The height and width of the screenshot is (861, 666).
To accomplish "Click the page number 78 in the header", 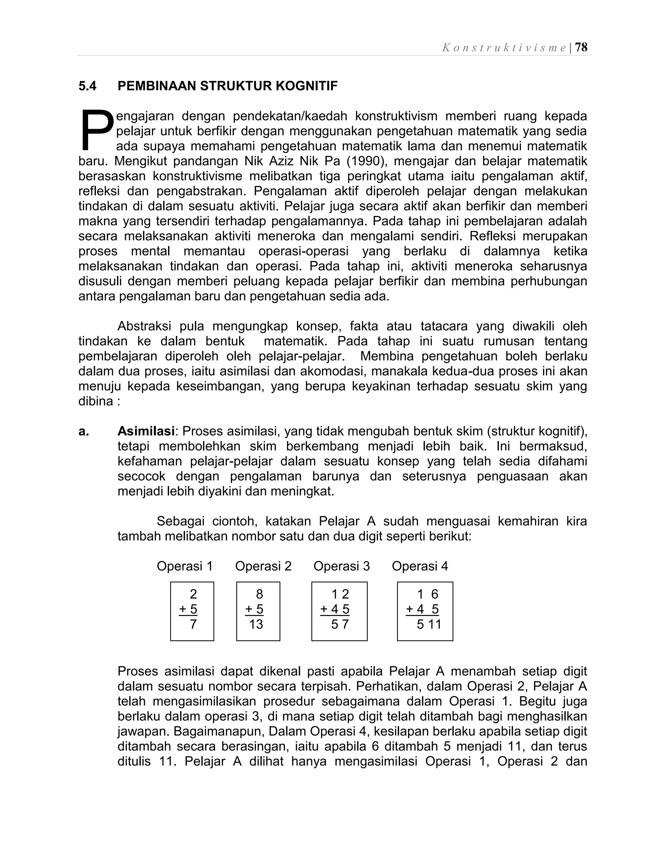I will pyautogui.click(x=581, y=47).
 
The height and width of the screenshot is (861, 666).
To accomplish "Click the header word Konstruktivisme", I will pyautogui.click(x=504, y=48).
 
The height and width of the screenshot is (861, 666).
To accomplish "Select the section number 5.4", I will pyautogui.click(x=87, y=86).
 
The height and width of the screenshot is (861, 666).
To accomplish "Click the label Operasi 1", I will pyautogui.click(x=185, y=566).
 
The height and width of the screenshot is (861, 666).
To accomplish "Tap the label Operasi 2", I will pyautogui.click(x=263, y=566).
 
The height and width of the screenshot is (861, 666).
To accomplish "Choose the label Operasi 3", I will pyautogui.click(x=342, y=566).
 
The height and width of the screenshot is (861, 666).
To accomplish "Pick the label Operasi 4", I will pyautogui.click(x=420, y=566).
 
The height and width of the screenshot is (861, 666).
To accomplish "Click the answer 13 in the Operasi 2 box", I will pyautogui.click(x=256, y=624).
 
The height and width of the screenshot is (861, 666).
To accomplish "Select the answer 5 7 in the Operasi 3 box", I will pyautogui.click(x=340, y=624).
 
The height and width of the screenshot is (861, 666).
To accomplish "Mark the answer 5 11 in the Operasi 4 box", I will pyautogui.click(x=429, y=624).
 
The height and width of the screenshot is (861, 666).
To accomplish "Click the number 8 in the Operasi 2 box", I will pyautogui.click(x=259, y=594).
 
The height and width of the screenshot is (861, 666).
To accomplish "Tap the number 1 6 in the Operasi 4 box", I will pyautogui.click(x=428, y=594).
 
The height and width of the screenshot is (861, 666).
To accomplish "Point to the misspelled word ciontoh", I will pyautogui.click(x=235, y=521).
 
